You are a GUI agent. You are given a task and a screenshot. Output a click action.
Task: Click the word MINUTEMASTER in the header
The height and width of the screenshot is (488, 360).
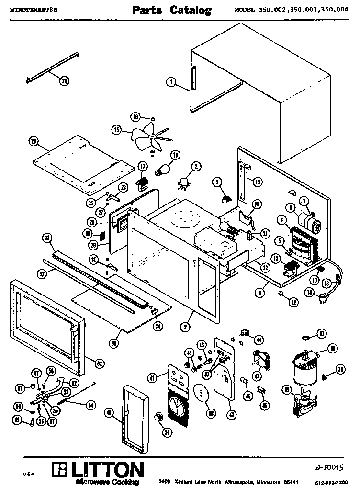click(x=33, y=9)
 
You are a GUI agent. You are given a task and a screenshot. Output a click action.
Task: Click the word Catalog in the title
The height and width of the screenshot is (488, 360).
click(x=191, y=11)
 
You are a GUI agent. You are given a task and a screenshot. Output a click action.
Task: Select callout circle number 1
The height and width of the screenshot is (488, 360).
click(x=170, y=82)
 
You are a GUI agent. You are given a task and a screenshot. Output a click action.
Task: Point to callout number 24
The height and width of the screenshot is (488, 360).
click(x=64, y=81)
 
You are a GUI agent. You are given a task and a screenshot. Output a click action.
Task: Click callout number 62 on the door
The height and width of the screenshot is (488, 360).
click(x=99, y=363)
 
